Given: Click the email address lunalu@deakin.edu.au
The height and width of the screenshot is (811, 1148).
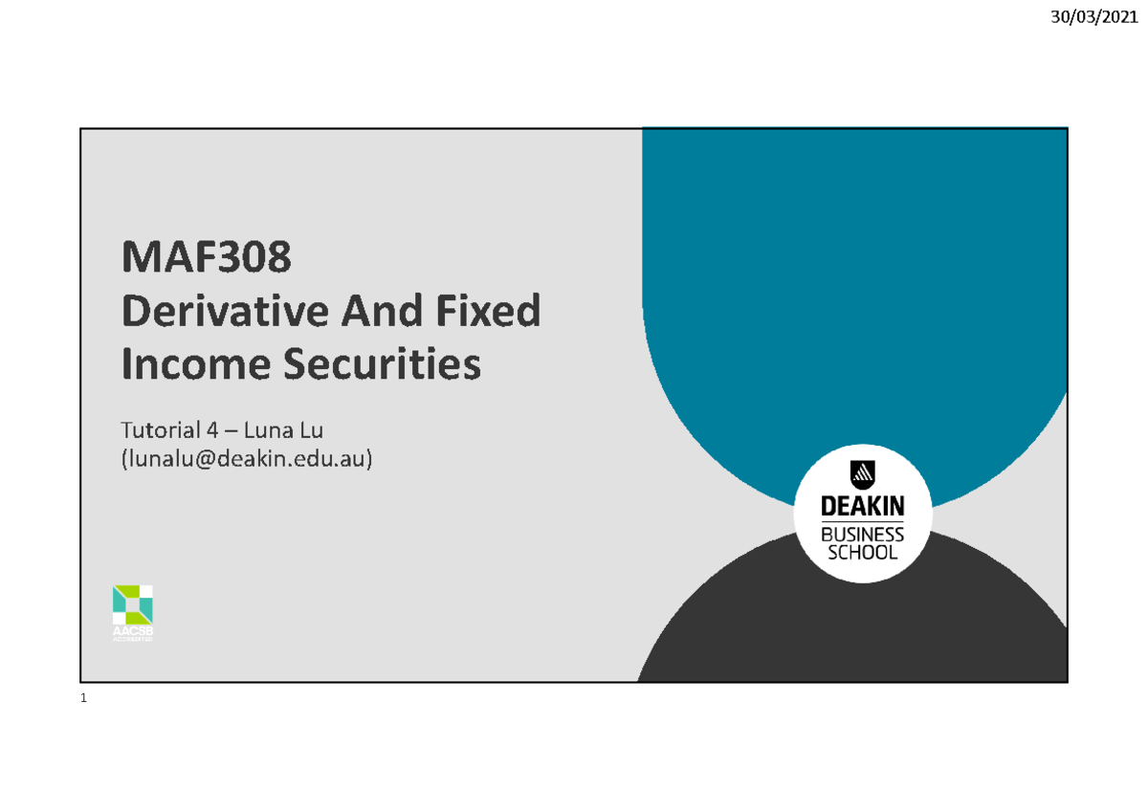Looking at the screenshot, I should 246,459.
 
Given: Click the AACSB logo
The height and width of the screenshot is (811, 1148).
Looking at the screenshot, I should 132,613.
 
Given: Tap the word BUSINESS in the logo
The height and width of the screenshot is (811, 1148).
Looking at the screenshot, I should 863,535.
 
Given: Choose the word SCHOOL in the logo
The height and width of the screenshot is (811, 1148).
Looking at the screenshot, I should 863,553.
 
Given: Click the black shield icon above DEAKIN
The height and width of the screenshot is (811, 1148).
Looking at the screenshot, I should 863,473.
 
